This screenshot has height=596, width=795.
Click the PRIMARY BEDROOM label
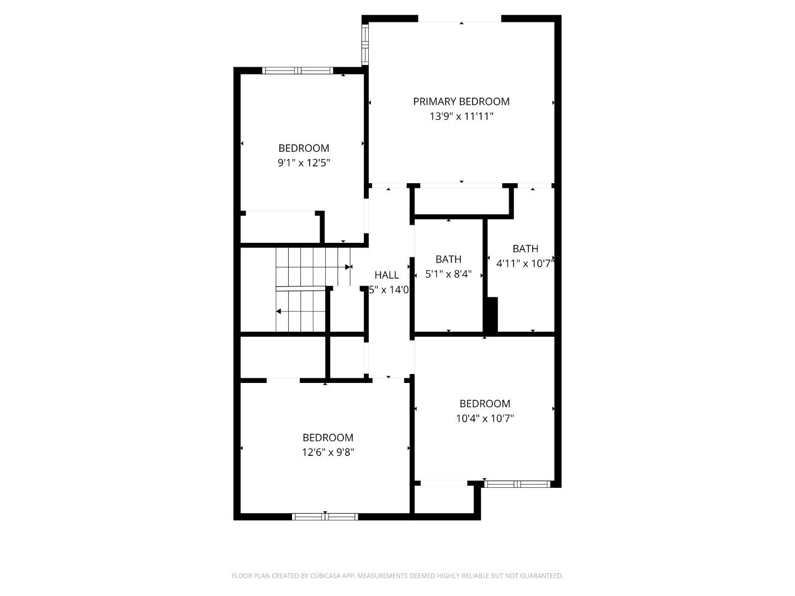tap(461, 102)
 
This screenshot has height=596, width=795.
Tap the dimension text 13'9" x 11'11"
tap(461, 116)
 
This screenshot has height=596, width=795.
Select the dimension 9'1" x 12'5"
tap(304, 163)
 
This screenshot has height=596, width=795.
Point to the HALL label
tap(386, 275)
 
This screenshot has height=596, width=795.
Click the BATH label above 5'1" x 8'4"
tap(448, 259)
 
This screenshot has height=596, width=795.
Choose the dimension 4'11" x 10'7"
tap(524, 264)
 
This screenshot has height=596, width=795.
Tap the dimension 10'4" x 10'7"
tap(485, 418)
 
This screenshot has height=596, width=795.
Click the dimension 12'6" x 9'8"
tap(328, 453)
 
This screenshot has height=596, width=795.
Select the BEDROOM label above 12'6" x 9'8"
tap(328, 438)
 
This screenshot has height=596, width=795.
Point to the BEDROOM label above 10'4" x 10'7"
tap(485, 403)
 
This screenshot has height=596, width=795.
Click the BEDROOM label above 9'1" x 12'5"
tap(304, 148)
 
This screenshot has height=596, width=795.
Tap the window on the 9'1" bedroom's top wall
tap(298, 70)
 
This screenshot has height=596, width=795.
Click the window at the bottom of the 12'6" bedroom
tap(325, 517)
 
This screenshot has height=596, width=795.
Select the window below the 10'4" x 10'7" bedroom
tap(517, 484)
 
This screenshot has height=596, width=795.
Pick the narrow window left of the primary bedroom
tap(365, 45)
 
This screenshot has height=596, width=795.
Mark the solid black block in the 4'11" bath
tap(491, 315)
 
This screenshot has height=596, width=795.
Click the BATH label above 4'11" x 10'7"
tap(525, 249)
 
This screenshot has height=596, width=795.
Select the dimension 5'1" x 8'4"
tap(448, 274)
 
